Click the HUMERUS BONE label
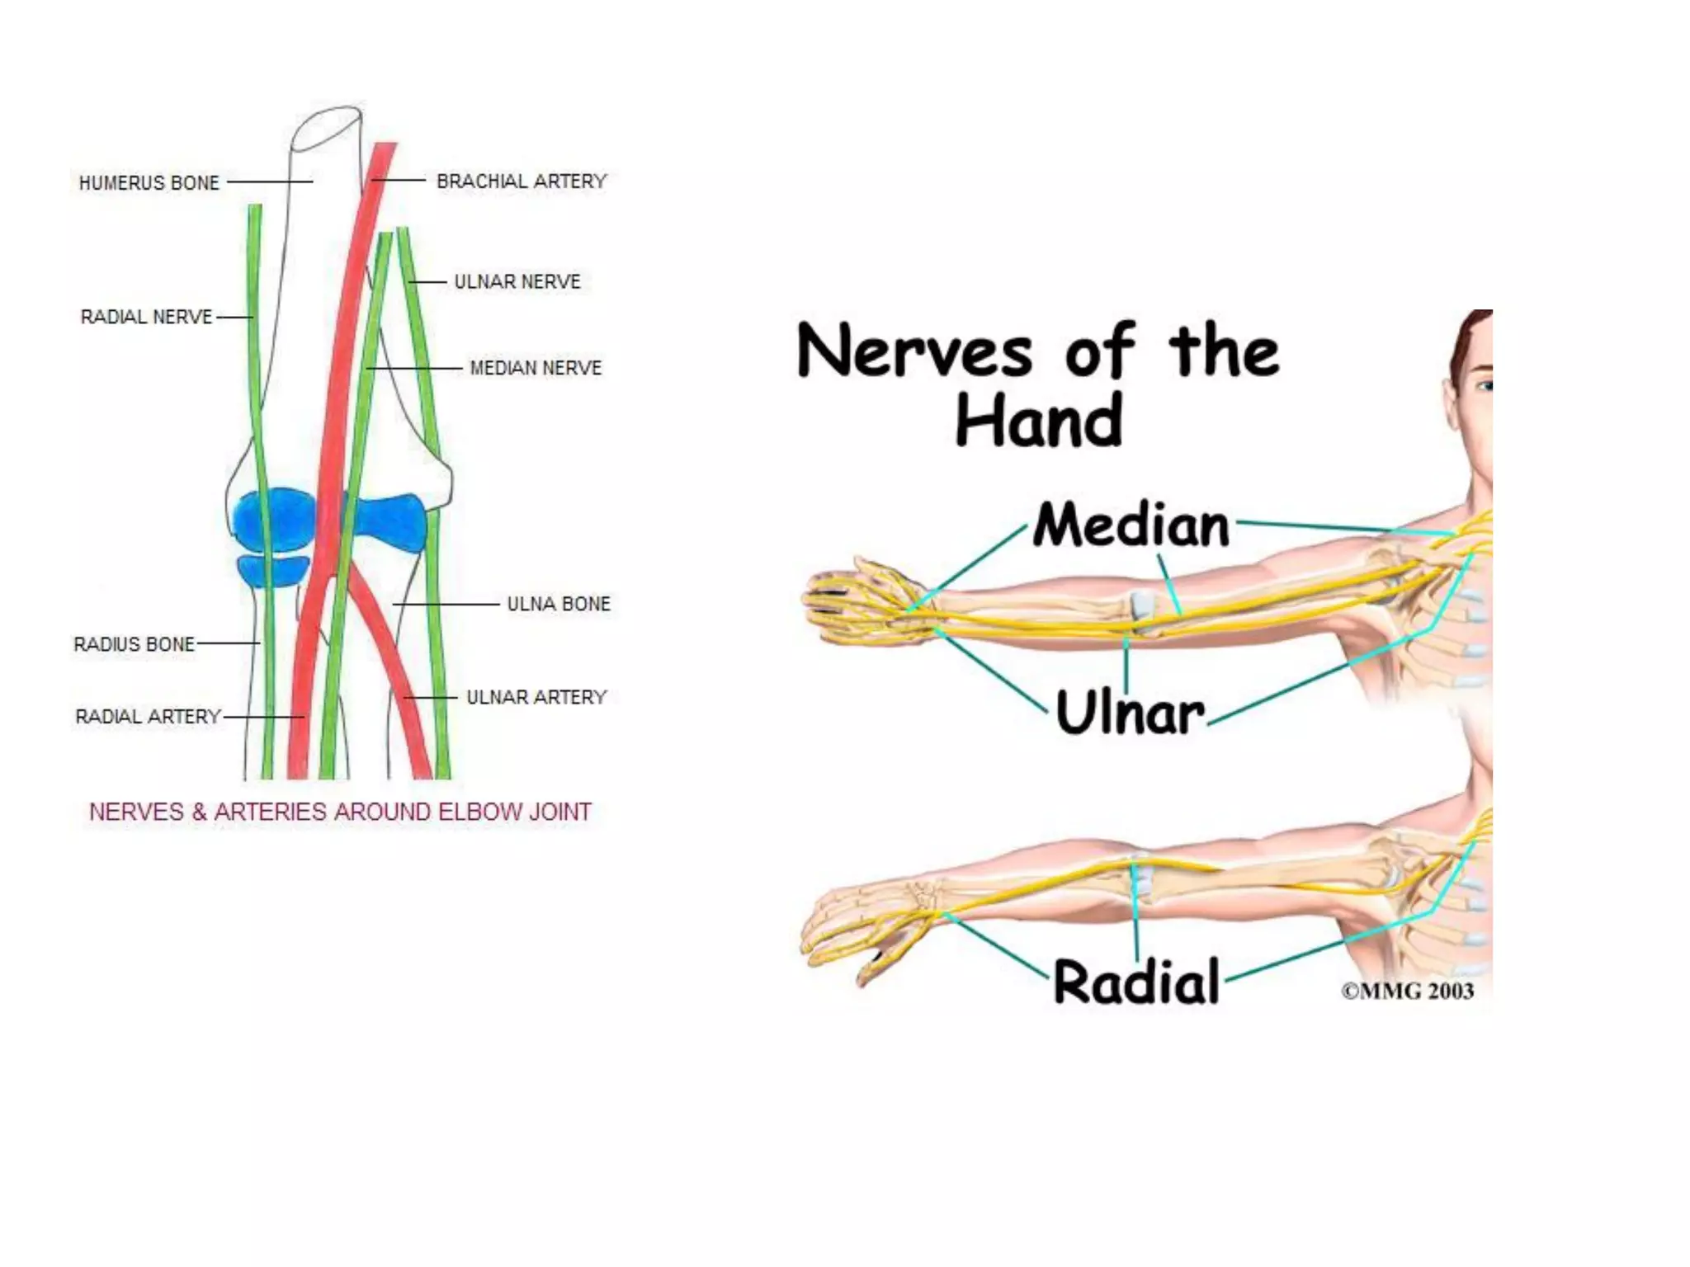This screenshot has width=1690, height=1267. point(149,182)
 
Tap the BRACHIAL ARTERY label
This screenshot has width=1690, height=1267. point(522,181)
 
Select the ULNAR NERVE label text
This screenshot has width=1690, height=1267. point(517,281)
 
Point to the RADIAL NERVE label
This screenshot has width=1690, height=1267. point(146,317)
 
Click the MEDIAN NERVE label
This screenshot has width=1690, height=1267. point(536,367)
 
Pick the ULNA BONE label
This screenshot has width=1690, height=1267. point(559,604)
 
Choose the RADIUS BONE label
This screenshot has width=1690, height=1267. point(135,643)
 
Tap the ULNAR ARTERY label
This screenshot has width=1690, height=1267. point(536,697)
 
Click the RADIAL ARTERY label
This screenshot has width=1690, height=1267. point(149,716)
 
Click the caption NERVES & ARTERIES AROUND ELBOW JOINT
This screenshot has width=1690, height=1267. point(340,812)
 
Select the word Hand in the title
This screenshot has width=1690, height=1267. point(1039,420)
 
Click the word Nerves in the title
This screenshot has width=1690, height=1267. point(914,351)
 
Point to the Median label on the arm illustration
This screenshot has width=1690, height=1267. point(1131,525)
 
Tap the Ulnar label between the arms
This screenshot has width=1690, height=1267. point(1130,713)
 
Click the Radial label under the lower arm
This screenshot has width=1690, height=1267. point(1136,982)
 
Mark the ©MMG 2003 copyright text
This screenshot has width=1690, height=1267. point(1407,991)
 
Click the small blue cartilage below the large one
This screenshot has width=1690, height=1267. point(272,570)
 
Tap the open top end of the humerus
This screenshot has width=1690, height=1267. point(327,127)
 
